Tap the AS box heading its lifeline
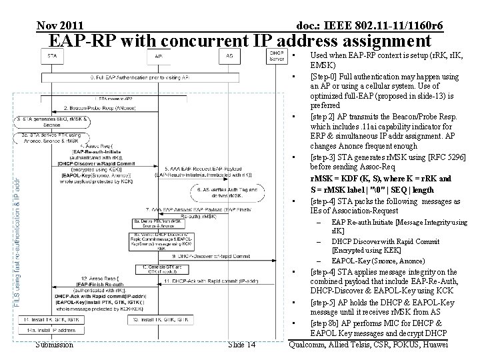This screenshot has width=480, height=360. point(229,56)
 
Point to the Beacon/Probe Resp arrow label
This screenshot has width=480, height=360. point(100,107)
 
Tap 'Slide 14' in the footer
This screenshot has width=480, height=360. point(241,344)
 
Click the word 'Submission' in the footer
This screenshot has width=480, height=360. point(55,344)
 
